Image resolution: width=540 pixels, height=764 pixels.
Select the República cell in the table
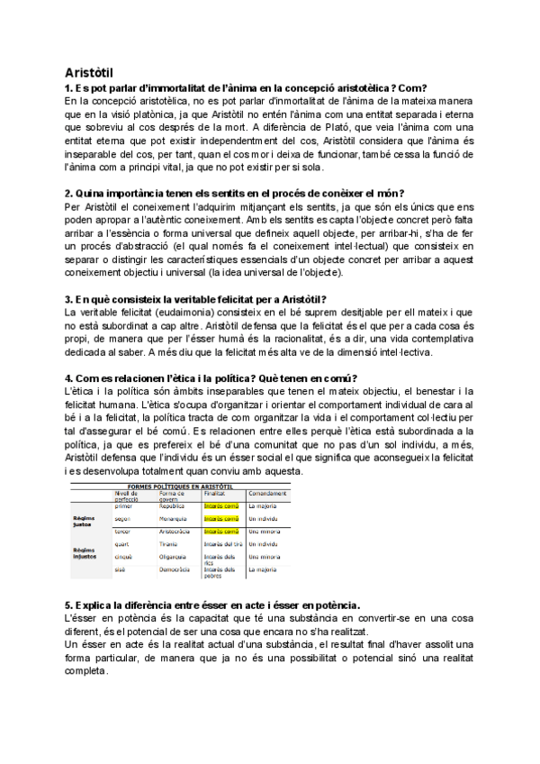pyautogui.click(x=173, y=506)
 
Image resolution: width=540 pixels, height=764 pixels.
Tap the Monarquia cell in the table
pyautogui.click(x=174, y=519)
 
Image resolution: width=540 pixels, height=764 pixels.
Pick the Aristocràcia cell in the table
pyautogui.click(x=176, y=532)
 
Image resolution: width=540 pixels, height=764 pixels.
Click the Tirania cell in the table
pyautogui.click(x=169, y=544)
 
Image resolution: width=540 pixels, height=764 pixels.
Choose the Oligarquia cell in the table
pyautogui.click(x=174, y=558)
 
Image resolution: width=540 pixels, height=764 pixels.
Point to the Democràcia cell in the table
pyautogui.click(x=175, y=570)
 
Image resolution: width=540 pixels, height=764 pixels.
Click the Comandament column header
pyautogui.click(x=268, y=493)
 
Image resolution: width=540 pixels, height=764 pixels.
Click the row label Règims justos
pyautogui.click(x=85, y=521)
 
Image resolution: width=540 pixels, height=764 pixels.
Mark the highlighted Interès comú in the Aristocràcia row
pyautogui.click(x=220, y=532)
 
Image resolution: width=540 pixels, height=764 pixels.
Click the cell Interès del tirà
pyautogui.click(x=222, y=544)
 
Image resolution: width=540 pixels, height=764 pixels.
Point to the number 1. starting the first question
pyautogui.click(x=68, y=88)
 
